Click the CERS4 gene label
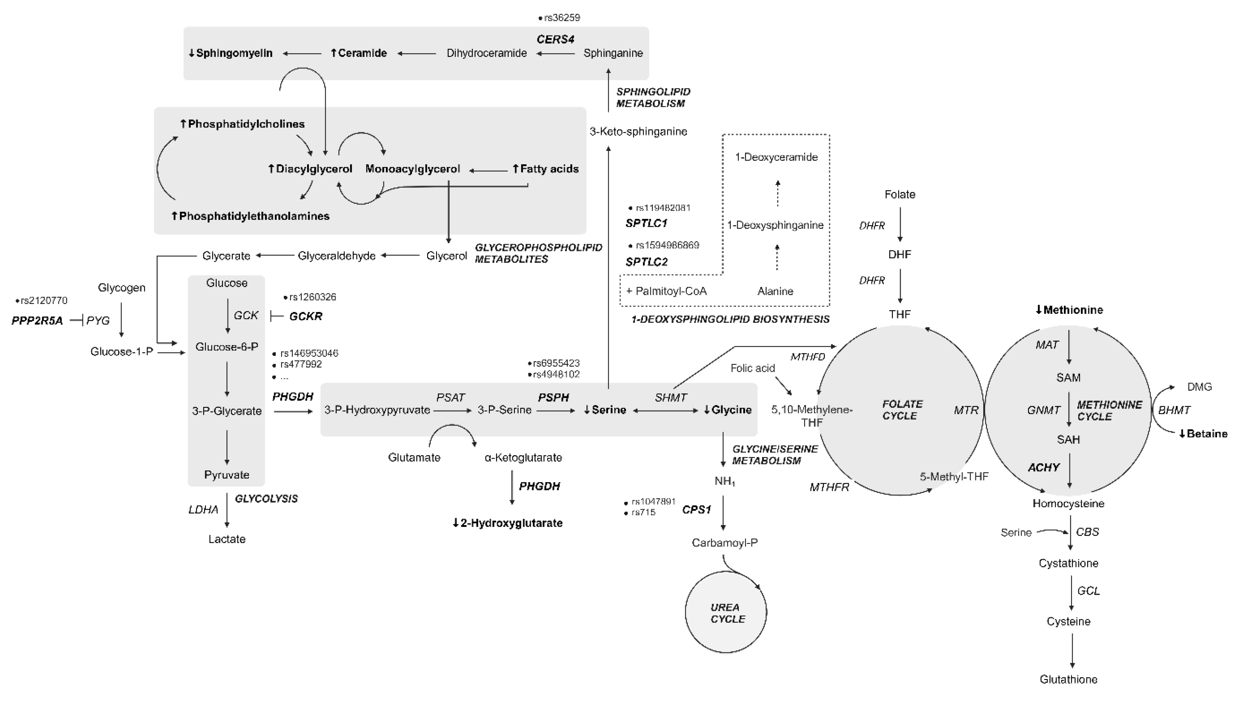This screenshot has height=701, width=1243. [x=555, y=39]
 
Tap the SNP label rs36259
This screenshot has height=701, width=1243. [x=561, y=18]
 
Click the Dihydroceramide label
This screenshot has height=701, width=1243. [x=487, y=53]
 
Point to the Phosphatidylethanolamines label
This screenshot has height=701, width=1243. [x=251, y=216]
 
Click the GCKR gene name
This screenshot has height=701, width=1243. [x=305, y=316]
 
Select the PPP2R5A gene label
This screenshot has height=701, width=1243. [x=37, y=321]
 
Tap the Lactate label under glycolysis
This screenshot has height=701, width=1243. [x=227, y=539]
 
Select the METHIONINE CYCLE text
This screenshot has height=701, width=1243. [x=1109, y=410]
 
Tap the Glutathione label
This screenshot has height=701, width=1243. [x=1068, y=679]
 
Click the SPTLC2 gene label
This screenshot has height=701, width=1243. [x=646, y=262]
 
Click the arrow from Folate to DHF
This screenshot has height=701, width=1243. [x=900, y=224]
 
